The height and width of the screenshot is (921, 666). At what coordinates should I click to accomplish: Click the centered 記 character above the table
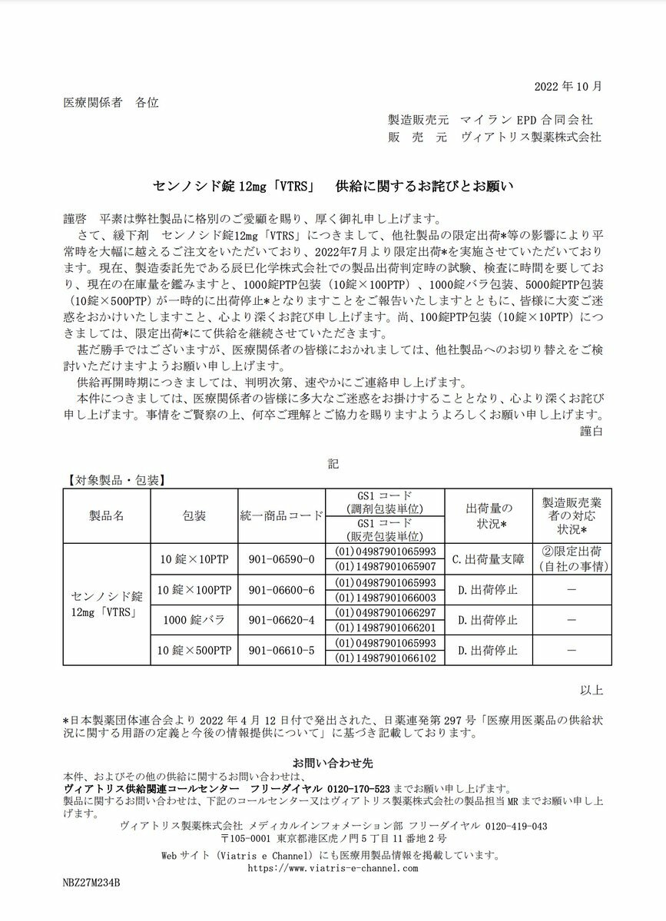[x=333, y=464]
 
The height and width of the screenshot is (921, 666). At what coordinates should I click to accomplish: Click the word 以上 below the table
[x=592, y=690]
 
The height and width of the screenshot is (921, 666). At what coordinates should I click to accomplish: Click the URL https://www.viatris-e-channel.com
[x=332, y=868]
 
